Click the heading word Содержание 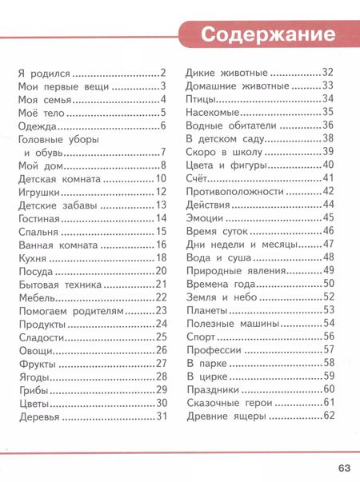(x=266, y=36)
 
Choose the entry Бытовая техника (x=60, y=284)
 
